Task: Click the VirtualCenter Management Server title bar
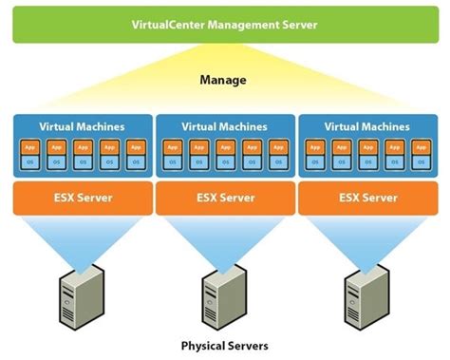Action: [225, 25]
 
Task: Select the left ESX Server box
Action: [82, 198]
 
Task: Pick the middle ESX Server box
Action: [225, 198]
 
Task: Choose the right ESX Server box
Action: [368, 198]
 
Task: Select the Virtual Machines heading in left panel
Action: [82, 125]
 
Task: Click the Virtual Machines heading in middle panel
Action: [225, 125]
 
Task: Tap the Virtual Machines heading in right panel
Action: [368, 125]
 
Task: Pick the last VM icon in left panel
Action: [134, 155]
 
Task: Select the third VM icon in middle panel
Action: [225, 155]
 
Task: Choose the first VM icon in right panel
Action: [316, 155]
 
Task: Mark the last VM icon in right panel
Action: [421, 155]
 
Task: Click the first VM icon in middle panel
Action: [173, 155]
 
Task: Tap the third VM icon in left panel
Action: [82, 155]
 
